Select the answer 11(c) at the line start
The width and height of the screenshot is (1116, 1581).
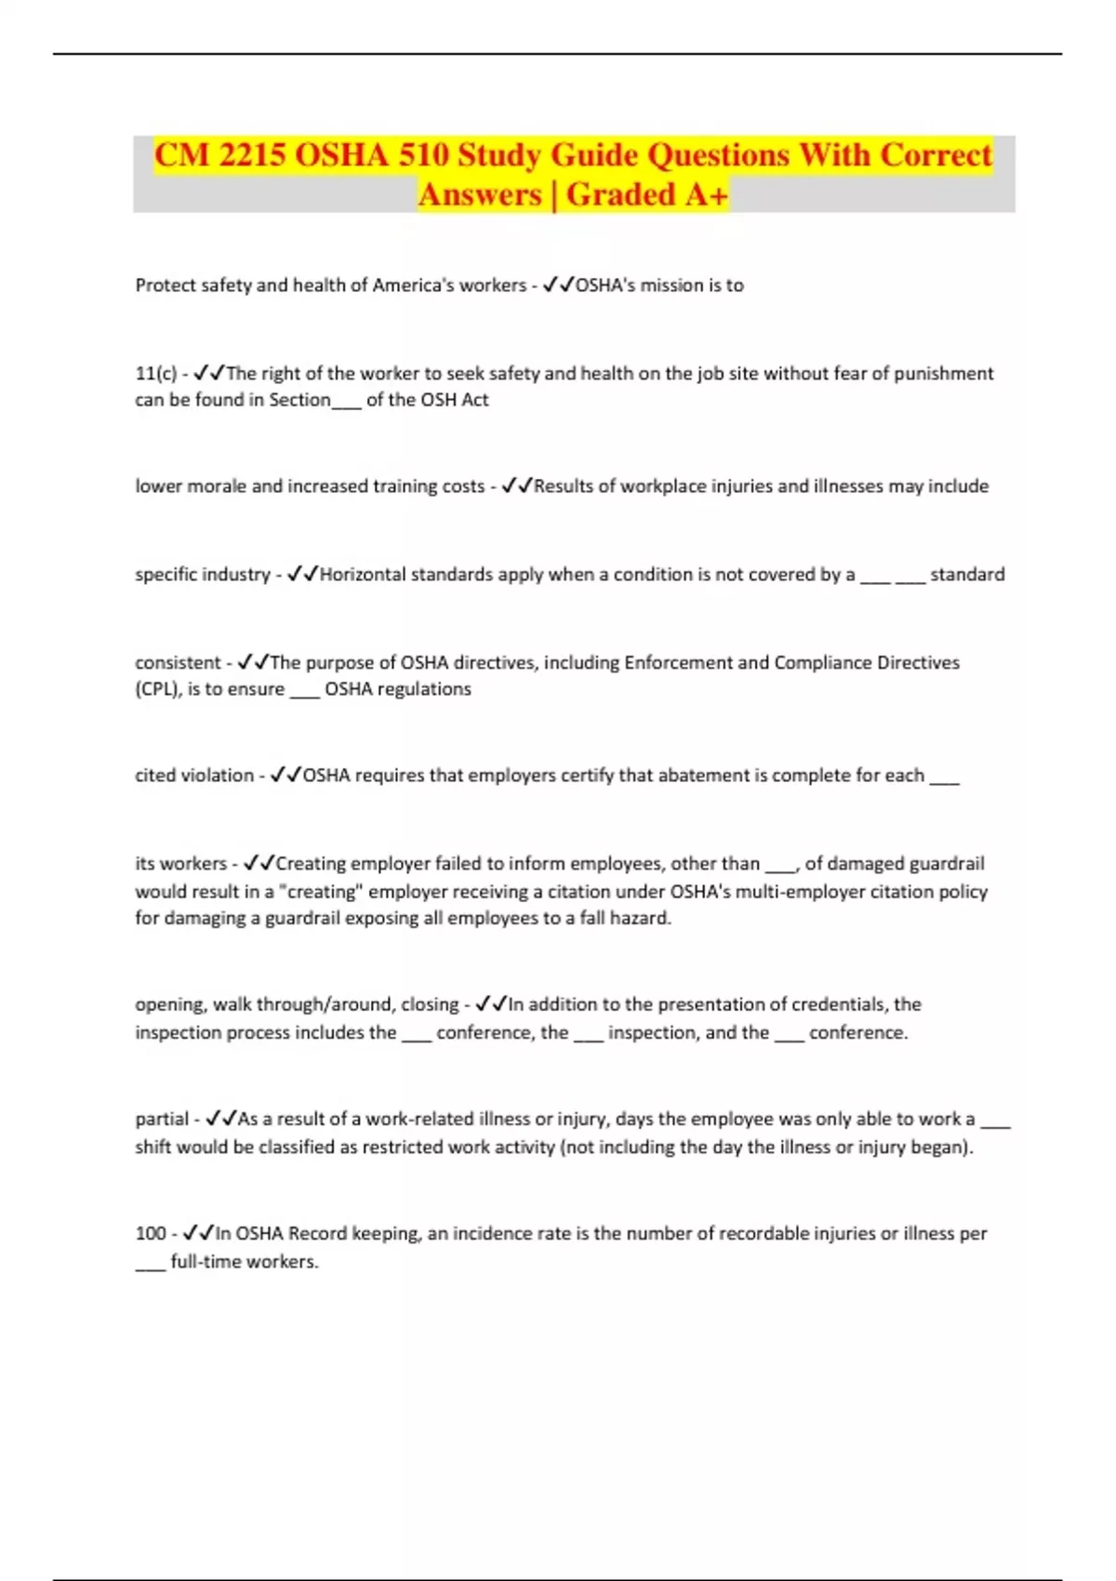point(155,374)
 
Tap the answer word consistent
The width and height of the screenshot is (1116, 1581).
point(178,663)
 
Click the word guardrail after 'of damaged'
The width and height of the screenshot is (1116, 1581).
point(946,864)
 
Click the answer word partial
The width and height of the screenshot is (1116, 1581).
point(162,1120)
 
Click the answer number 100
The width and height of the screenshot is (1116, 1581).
point(150,1234)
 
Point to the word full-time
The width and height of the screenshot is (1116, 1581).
point(206,1262)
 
